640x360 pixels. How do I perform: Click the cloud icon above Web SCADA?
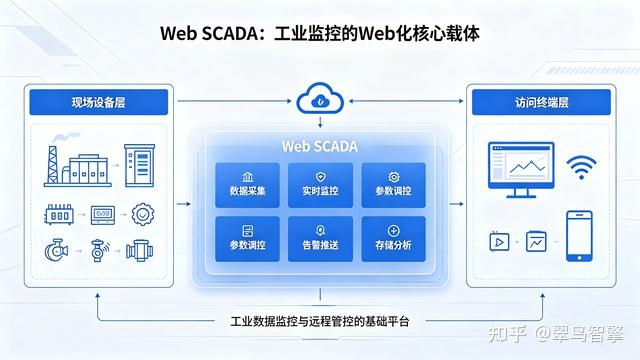tap(320, 98)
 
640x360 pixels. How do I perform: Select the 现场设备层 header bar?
tap(99, 102)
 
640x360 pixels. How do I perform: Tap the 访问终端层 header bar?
tap(541, 102)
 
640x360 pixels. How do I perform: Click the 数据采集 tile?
tap(247, 185)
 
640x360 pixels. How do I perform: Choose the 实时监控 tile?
tap(320, 185)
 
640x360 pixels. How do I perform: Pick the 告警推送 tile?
tap(320, 239)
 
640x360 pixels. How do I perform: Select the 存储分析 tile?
tap(393, 239)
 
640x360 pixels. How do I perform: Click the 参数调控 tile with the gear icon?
tap(393, 185)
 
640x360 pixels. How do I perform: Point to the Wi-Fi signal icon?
tap(581, 167)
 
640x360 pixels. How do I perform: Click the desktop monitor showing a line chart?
tap(521, 169)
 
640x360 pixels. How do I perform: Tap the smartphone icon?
tap(579, 236)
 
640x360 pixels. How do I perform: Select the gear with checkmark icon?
tap(142, 214)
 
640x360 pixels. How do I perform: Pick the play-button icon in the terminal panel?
tap(499, 241)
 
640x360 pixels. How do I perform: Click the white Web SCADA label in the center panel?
tap(320, 146)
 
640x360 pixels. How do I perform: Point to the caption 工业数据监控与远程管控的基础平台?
tap(320, 321)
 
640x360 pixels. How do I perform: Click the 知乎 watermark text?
tap(507, 333)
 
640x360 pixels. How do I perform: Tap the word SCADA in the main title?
tap(230, 33)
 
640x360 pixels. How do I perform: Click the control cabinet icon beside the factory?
tap(140, 165)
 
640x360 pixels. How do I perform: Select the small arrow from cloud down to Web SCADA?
tap(320, 122)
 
